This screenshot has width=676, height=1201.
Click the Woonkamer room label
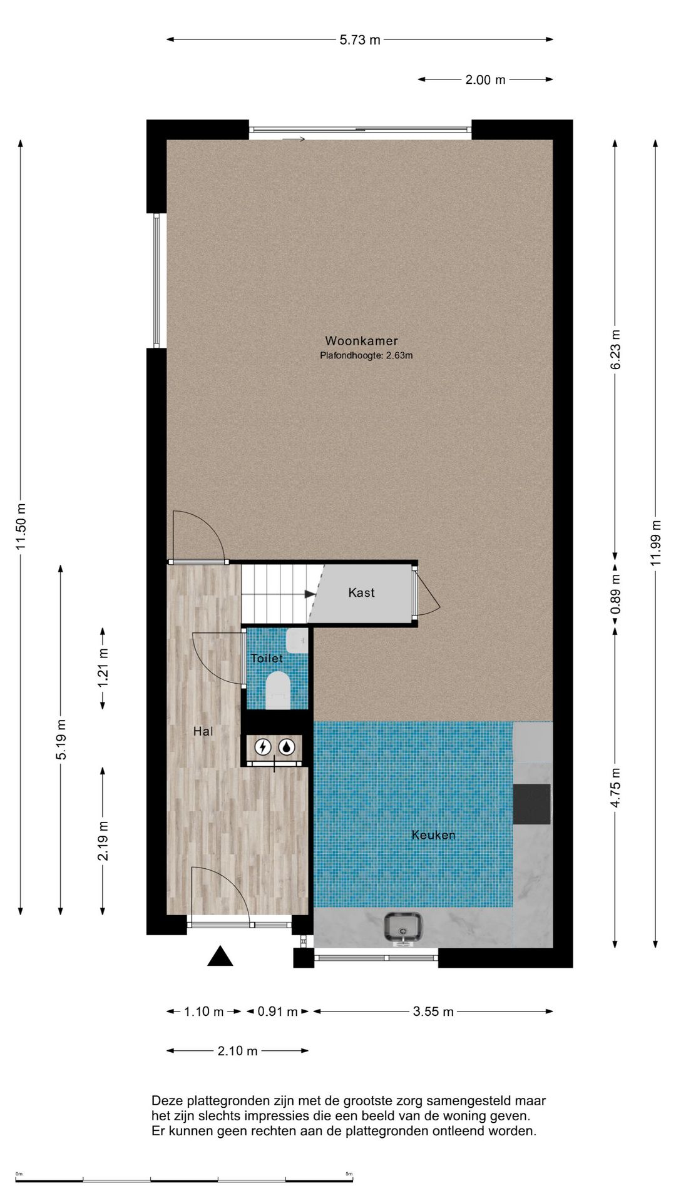[361, 341]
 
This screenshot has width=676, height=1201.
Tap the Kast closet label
[361, 592]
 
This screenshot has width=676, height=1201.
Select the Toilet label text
[267, 658]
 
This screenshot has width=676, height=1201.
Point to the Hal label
[203, 731]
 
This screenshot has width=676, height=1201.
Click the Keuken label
[433, 835]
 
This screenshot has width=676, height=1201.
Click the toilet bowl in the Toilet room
[278, 689]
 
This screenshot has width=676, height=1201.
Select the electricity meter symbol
[263, 746]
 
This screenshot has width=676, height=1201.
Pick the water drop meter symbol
[287, 746]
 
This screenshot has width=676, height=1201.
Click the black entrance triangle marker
[220, 956]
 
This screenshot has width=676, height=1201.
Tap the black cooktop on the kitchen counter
[532, 804]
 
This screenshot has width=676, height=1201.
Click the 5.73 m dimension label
[360, 40]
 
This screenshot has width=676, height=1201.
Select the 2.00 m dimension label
[485, 80]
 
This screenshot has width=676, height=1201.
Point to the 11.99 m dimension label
[655, 543]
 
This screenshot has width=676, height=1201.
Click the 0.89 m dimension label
[615, 593]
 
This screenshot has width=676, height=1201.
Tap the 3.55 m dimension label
[433, 1011]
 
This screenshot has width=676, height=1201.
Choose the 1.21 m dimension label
[103, 667]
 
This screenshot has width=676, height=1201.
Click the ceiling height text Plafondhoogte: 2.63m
[366, 356]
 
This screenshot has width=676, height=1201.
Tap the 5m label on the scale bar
[349, 1173]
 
